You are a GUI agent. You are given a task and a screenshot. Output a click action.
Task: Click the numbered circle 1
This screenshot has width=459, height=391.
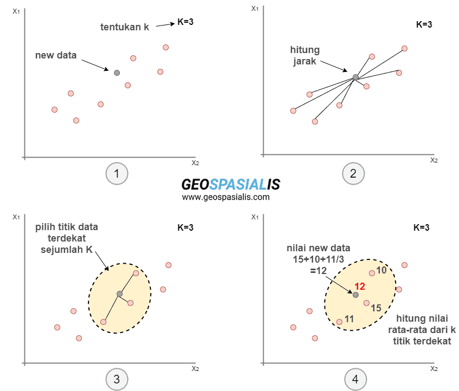[x=117, y=174]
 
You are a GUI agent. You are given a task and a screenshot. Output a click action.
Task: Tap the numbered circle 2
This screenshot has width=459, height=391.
[x=353, y=174]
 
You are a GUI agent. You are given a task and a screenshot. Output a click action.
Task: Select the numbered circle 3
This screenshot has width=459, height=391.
[x=117, y=379]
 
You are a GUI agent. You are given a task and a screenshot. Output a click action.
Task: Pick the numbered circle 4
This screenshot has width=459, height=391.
[x=355, y=379]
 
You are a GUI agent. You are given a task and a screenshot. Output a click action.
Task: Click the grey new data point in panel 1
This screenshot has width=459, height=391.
[x=117, y=73]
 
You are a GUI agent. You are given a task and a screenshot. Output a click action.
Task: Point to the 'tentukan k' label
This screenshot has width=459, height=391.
[x=125, y=27]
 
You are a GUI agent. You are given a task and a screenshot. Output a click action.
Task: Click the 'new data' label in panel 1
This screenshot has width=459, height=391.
[x=56, y=55]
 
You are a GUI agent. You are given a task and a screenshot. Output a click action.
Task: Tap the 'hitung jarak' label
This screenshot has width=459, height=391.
[x=305, y=56]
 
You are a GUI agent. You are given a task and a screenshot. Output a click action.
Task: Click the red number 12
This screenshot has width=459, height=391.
[x=360, y=286]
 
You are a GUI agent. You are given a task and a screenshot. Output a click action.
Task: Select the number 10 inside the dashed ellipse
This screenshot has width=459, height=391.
[x=381, y=270]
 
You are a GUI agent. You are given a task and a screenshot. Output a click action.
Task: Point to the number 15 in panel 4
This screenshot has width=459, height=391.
[x=376, y=308]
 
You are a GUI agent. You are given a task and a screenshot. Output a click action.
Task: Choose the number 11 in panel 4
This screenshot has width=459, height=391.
[x=349, y=319]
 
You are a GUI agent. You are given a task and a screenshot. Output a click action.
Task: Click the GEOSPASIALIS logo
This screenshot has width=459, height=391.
[x=231, y=184]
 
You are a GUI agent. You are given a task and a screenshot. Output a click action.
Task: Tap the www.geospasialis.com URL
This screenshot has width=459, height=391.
[x=226, y=197]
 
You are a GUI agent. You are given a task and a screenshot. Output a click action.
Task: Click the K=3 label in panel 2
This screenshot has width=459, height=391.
[x=424, y=24]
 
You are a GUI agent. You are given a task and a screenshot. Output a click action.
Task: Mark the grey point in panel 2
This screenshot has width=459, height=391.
[x=355, y=77]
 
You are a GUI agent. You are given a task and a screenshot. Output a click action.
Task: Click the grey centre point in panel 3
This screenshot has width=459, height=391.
[x=119, y=294]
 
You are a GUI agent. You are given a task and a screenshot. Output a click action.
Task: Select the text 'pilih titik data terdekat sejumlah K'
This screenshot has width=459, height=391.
[x=67, y=238]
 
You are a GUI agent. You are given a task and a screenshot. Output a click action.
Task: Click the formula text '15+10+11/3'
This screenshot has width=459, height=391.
[x=318, y=259]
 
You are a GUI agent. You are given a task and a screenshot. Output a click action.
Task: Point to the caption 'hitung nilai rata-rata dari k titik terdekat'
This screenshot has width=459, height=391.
[x=422, y=330]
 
